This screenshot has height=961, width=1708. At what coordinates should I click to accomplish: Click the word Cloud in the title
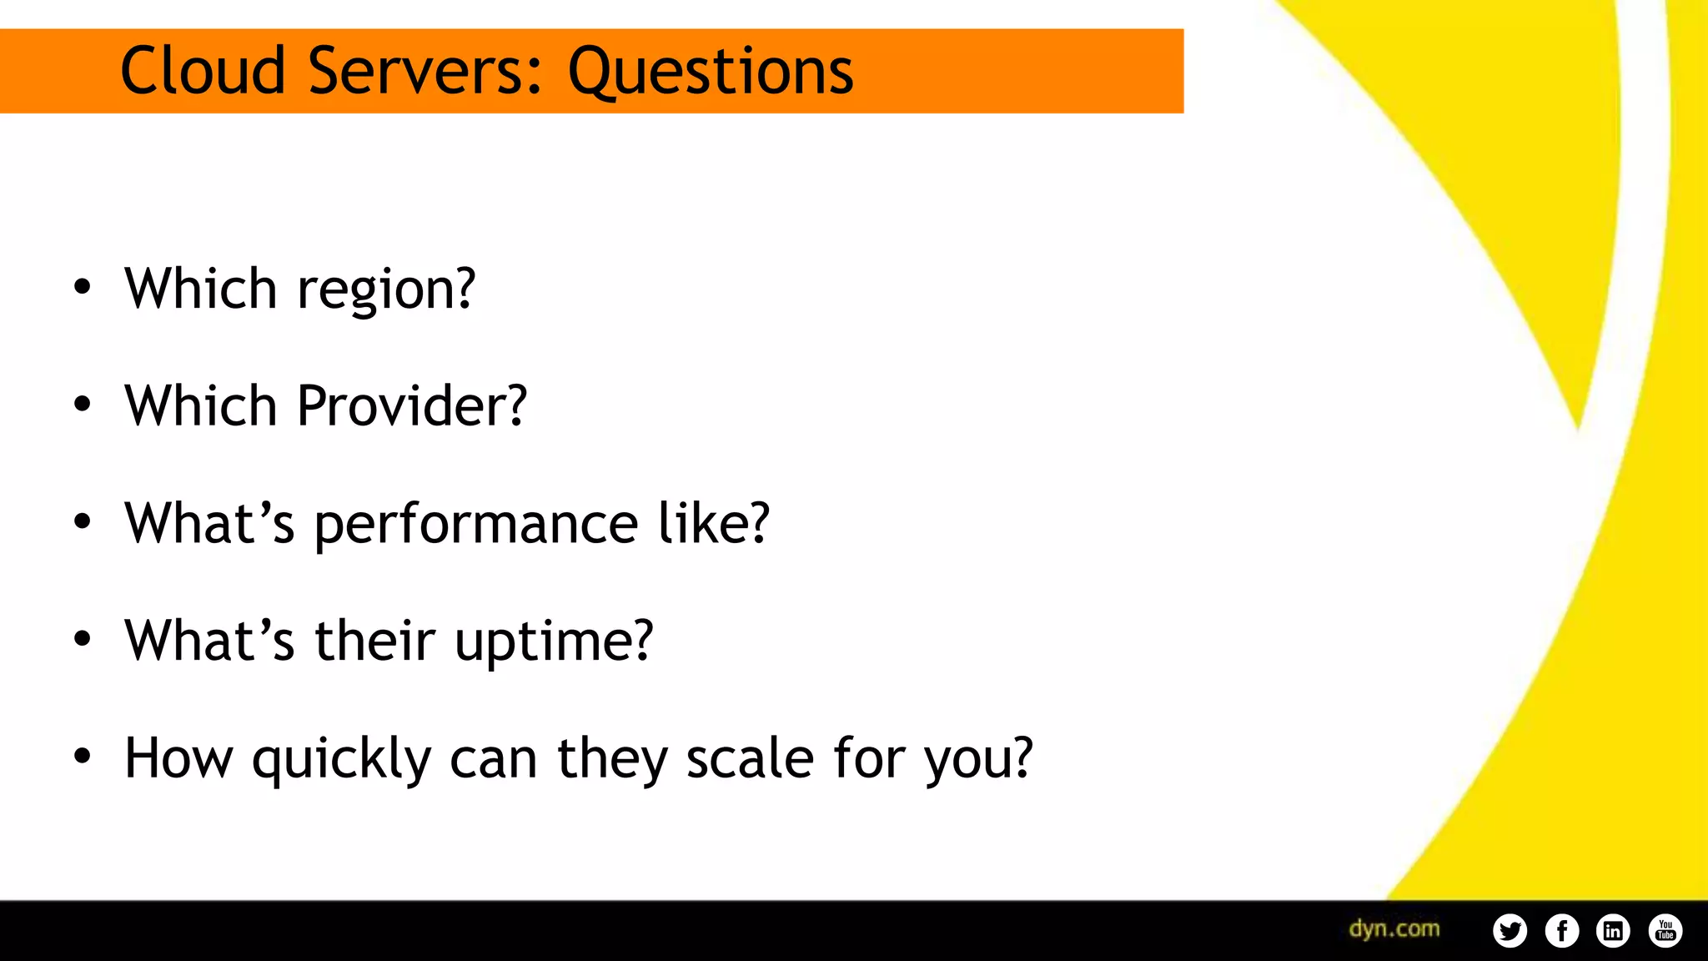tap(203, 71)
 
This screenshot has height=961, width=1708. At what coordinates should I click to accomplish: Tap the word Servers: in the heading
tap(426, 71)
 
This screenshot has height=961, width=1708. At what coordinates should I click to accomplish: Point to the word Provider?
tap(412, 406)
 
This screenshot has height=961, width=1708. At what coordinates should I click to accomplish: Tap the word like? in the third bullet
tap(714, 523)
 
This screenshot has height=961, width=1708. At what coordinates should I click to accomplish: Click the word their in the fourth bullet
tap(374, 641)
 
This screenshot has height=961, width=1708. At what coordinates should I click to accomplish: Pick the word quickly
tap(342, 760)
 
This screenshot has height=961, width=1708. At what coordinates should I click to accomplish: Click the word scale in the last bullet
tap(750, 758)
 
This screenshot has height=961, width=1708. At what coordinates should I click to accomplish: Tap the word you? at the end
tap(979, 760)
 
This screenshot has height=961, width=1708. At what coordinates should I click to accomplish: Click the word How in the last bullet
tap(178, 758)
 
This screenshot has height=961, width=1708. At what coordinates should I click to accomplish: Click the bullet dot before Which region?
tap(82, 287)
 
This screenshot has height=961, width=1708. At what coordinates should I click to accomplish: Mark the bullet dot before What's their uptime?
tap(82, 639)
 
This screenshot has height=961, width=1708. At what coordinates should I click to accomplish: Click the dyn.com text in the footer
tap(1394, 928)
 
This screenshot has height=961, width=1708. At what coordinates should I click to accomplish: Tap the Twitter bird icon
tap(1510, 930)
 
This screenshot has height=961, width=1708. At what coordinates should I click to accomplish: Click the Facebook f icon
tap(1561, 930)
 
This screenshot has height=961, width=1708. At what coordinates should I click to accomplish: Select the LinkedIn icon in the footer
tap(1613, 930)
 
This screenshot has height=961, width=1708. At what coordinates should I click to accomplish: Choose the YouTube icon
tap(1665, 930)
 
